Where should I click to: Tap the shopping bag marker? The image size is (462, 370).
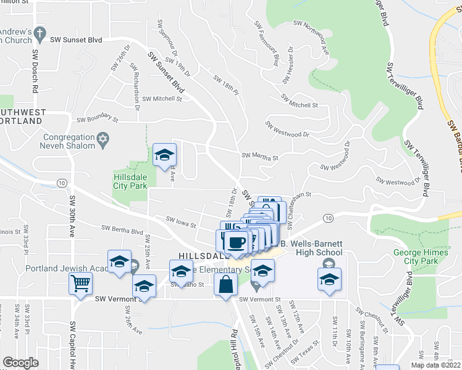(226, 284)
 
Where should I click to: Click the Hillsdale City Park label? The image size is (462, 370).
(130, 180)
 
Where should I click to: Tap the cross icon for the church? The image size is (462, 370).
(41, 32)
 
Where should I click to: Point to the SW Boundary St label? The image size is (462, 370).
(96, 118)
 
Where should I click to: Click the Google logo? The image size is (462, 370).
(20, 363)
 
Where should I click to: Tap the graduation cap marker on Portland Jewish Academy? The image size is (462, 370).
(120, 261)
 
